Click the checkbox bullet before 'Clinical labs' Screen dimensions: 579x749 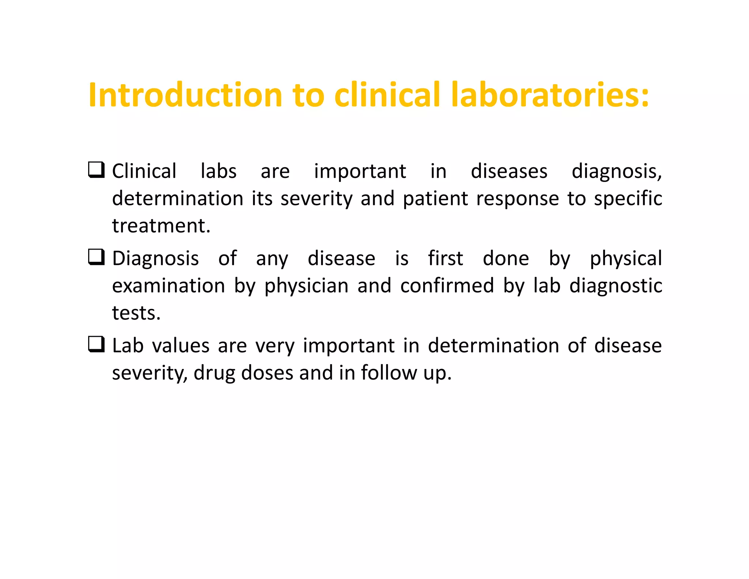click(97, 170)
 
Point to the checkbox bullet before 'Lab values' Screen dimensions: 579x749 click(97, 344)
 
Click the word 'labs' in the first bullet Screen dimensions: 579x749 click(219, 171)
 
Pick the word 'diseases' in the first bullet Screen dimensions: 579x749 click(509, 171)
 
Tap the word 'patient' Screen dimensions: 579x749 click(436, 199)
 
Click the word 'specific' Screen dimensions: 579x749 click(628, 199)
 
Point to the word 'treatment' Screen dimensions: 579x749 click(161, 226)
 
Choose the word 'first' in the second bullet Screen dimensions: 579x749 click(445, 258)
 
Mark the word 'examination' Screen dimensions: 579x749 click(168, 286)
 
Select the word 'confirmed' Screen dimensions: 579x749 click(447, 286)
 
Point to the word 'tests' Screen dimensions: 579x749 click(136, 313)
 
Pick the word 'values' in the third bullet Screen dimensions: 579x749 click(181, 346)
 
